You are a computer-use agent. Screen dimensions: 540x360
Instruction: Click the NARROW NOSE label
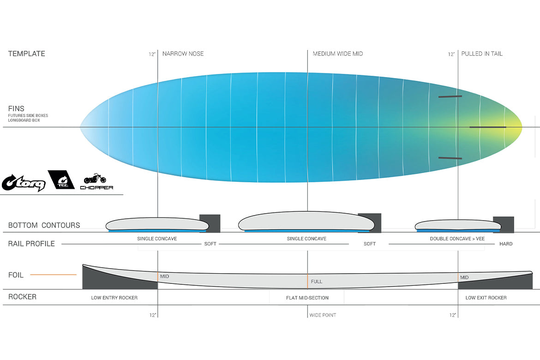click(x=183, y=54)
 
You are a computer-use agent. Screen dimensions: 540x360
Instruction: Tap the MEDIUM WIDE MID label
click(x=338, y=54)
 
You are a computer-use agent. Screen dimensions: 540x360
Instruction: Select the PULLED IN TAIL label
click(x=482, y=54)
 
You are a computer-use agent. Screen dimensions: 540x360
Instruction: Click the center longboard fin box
click(x=488, y=127)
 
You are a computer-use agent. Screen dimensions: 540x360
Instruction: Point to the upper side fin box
click(x=450, y=96)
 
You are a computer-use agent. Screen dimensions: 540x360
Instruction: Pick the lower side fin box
click(x=450, y=158)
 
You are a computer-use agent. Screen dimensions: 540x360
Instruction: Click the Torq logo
click(x=24, y=183)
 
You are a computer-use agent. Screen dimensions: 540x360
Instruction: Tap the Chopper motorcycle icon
click(x=95, y=179)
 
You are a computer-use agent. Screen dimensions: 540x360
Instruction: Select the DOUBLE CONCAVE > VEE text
click(x=457, y=239)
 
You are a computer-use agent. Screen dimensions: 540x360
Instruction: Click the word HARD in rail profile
click(x=506, y=244)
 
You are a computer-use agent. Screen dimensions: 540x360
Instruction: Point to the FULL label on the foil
click(x=317, y=282)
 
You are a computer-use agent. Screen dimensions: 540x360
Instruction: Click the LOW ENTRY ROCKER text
click(x=114, y=298)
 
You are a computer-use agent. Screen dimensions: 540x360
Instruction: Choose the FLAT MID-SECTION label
click(x=307, y=298)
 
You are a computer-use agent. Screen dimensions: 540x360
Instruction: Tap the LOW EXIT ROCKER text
click(x=486, y=298)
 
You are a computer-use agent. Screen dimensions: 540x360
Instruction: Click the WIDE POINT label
click(x=323, y=315)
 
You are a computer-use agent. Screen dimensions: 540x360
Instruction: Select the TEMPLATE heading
click(x=26, y=54)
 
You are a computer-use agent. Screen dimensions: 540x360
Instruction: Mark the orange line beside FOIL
click(x=54, y=275)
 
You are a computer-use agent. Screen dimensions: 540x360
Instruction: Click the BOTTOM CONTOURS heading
click(x=44, y=225)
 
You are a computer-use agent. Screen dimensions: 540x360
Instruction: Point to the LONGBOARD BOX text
click(x=24, y=120)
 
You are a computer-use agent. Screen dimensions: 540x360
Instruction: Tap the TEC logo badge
click(x=61, y=180)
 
